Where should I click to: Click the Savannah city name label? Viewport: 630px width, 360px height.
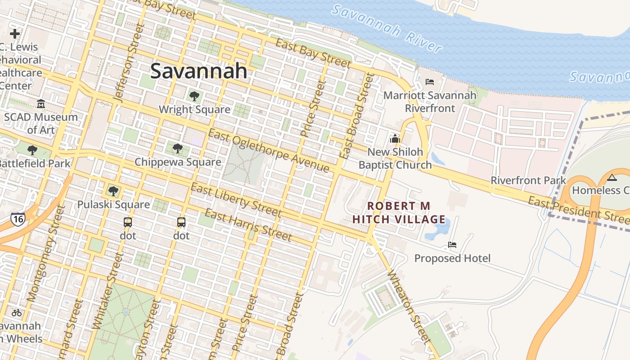pos(198,71)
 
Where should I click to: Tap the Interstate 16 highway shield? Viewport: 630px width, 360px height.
pos(18,219)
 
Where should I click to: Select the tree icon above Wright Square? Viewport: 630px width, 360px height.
pos(194,96)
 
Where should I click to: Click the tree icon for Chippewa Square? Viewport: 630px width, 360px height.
pos(178,148)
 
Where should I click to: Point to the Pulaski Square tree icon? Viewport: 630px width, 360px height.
pos(113,191)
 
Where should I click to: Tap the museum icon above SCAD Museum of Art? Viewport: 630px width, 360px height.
pos(41,104)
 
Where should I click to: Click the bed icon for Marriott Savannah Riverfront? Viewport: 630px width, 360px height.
pos(429,82)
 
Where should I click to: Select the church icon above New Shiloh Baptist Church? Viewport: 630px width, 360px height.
pos(395,139)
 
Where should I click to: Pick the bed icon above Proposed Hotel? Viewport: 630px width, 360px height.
pos(452,245)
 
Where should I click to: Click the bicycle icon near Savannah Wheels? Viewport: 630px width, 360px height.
pos(17,312)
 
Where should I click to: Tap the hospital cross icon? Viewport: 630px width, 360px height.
pos(15,34)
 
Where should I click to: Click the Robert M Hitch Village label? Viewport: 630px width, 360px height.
pos(399,213)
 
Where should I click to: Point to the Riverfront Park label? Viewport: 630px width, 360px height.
pos(528,180)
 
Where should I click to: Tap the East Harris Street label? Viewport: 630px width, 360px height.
pos(248,225)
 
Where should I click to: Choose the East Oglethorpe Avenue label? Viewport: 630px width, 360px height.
pos(269,151)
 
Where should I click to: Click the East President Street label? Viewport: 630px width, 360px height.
pos(578,210)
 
